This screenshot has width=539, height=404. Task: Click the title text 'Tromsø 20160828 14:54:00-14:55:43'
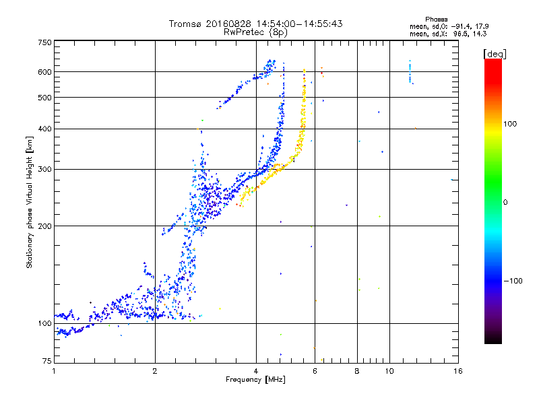(256, 24)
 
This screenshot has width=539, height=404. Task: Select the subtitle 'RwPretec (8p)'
(256, 32)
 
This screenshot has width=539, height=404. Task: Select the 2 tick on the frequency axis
(155, 371)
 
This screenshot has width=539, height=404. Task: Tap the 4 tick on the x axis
(256, 371)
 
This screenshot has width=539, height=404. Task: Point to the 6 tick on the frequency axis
(315, 371)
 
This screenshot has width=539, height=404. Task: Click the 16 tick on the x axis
(457, 371)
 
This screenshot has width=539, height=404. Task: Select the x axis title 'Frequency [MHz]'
(256, 380)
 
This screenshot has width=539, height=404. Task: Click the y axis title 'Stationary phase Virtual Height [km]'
(30, 202)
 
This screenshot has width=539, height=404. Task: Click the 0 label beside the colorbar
(506, 202)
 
